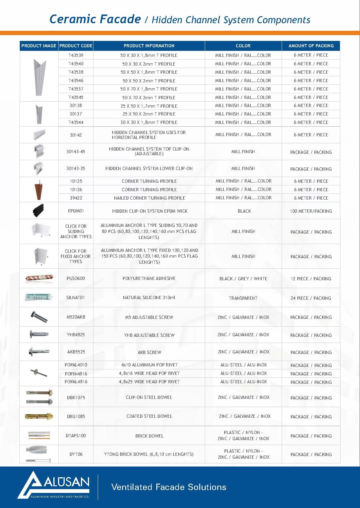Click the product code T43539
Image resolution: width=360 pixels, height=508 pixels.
[76, 55]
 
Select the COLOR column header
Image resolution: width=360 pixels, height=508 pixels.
[243, 46]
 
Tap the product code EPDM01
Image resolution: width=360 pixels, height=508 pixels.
[76, 211]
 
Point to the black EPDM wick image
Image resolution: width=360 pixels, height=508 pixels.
[39, 211]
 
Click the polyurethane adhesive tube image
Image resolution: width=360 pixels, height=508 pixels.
[39, 278]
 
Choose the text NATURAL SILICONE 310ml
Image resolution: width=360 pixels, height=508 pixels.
[149, 298]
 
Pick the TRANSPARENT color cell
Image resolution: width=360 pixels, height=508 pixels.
[243, 298]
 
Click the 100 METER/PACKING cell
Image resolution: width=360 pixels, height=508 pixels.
[311, 211]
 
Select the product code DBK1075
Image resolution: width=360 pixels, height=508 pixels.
[76, 397]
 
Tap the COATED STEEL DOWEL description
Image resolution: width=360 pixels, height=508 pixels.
[149, 416]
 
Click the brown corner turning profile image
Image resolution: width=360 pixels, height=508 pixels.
[39, 189]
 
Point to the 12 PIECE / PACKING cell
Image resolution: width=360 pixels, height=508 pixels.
[311, 279]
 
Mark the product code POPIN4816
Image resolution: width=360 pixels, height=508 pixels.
[76, 374]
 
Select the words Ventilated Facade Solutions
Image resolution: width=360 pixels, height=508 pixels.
[169, 487]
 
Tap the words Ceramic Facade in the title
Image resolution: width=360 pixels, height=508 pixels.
[95, 19]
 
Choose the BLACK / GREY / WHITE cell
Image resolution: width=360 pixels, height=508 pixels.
[243, 279]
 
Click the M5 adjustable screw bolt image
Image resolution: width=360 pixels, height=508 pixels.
[39, 317]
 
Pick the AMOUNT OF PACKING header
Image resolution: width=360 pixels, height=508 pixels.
[311, 46]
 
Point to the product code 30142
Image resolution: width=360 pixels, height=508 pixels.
[76, 135]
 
